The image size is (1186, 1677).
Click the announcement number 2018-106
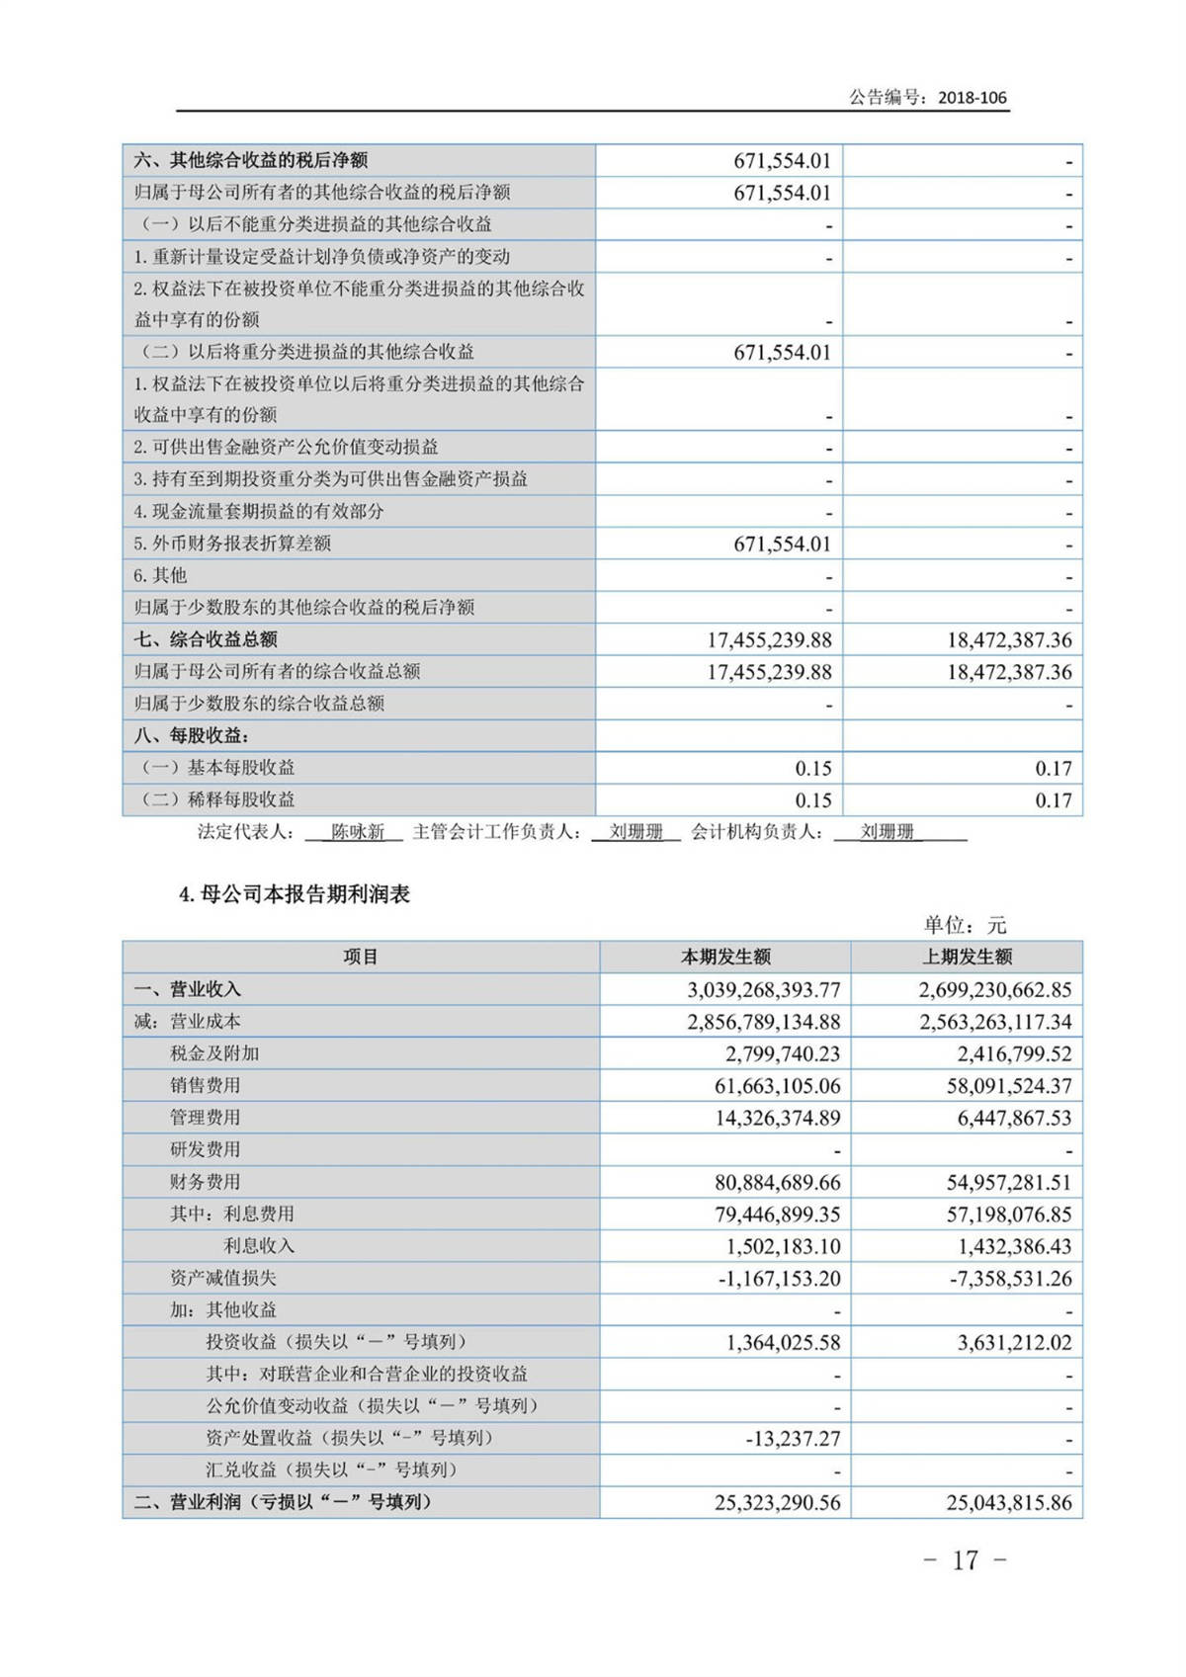[972, 97]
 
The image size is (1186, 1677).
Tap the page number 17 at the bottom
[965, 1560]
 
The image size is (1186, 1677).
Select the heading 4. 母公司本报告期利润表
[295, 894]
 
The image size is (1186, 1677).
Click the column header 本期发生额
[725, 957]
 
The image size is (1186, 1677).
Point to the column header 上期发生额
[967, 957]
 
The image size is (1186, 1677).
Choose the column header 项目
[361, 957]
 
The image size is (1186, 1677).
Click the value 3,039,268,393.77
[764, 989]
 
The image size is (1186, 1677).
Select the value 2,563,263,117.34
[995, 1022]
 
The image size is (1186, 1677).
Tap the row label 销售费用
[205, 1085]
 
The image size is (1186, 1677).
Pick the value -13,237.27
[793, 1438]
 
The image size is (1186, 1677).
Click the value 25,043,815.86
[1008, 1502]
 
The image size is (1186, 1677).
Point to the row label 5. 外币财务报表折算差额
[232, 544]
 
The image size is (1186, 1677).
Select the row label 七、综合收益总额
[206, 639]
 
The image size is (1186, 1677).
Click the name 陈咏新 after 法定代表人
[357, 832]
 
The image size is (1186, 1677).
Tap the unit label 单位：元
[965, 925]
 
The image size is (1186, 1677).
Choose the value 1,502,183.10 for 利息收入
[783, 1246]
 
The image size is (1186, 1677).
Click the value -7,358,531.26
[1010, 1278]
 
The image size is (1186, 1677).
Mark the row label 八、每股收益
[192, 735]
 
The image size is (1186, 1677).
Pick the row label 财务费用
[205, 1182]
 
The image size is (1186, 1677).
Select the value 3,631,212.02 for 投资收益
[1014, 1342]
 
